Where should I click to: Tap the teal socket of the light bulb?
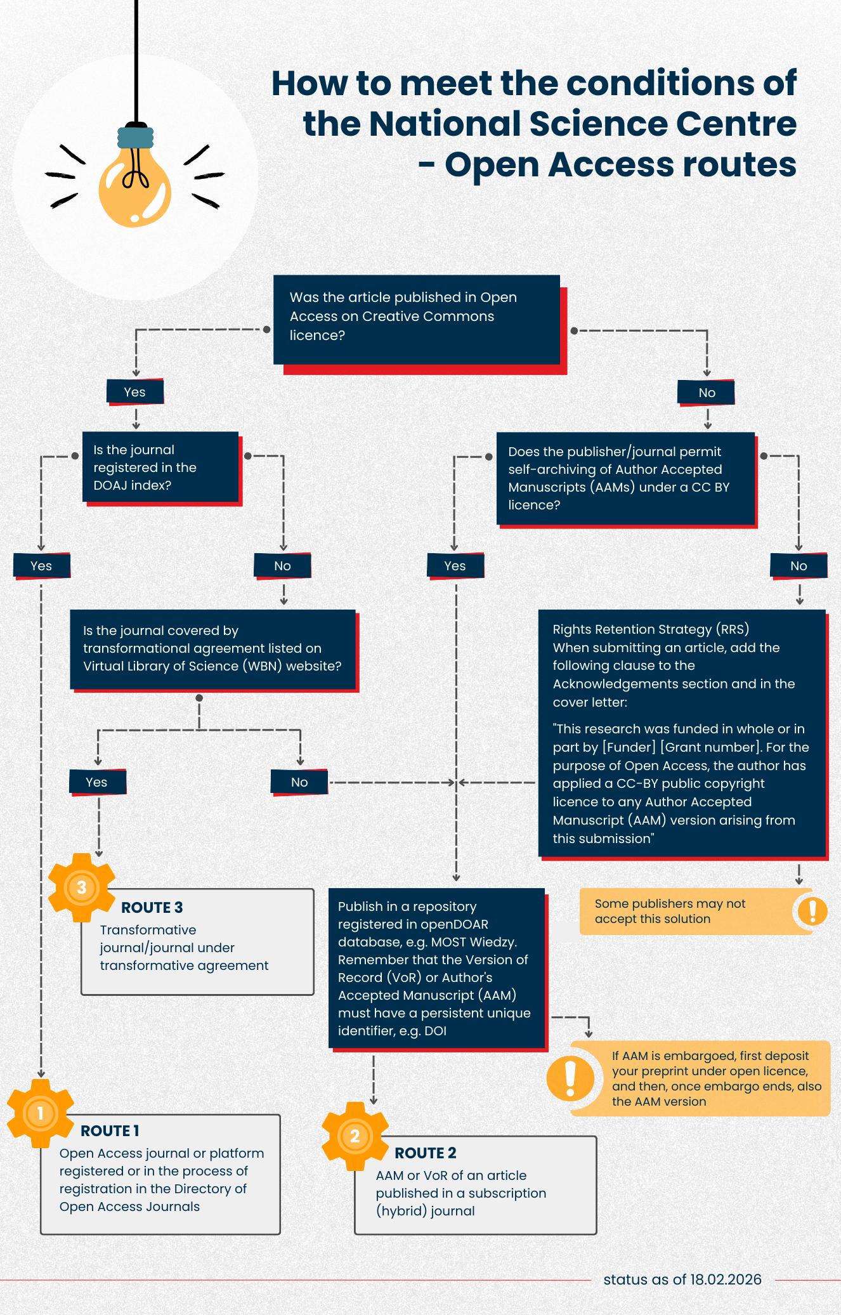point(135,138)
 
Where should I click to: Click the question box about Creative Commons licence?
point(416,320)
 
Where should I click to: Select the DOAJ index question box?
point(160,467)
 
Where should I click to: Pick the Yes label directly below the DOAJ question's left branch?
point(42,566)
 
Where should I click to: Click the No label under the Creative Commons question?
point(706,393)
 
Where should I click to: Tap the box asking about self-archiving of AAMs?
point(625,478)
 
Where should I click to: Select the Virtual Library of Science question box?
point(212,649)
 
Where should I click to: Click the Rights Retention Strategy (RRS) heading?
point(651,629)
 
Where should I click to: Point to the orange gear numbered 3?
point(82,887)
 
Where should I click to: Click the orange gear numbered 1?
point(41,1113)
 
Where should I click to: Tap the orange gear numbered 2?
point(355,1135)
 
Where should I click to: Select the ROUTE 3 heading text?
point(152,908)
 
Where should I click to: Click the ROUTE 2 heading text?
point(426,1153)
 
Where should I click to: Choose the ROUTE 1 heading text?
point(110,1130)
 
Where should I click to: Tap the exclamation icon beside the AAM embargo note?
point(570,1078)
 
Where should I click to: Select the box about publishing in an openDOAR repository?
point(436,968)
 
